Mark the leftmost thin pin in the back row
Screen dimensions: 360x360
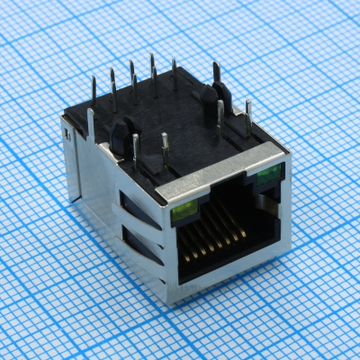coord(94,90)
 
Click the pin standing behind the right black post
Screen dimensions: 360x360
coord(216,74)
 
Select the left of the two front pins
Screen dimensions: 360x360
coord(135,148)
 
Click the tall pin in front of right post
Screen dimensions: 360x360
coord(220,115)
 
